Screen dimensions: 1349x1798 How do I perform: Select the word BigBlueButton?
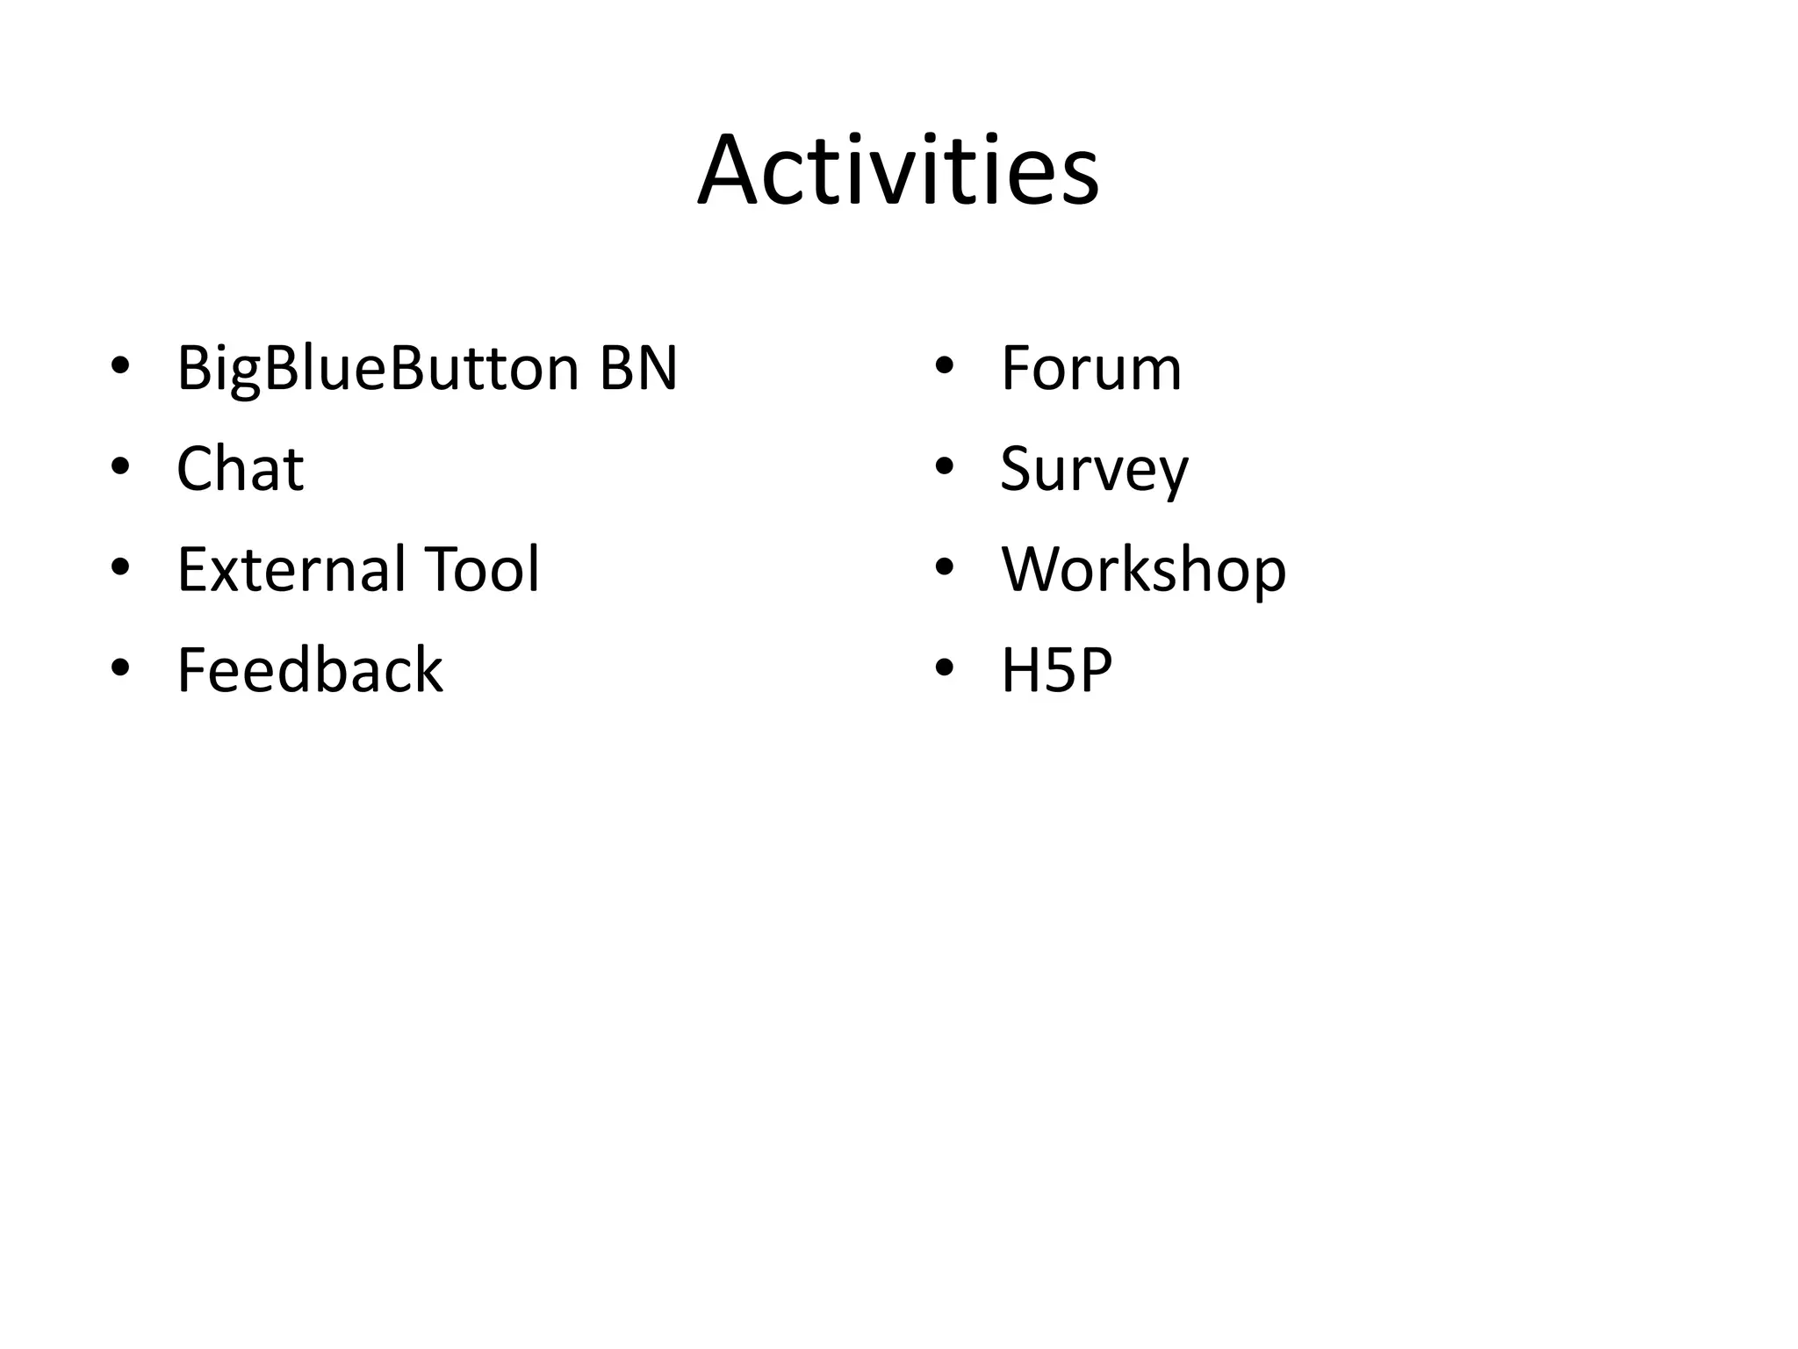point(378,369)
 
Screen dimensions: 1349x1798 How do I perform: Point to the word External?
point(291,569)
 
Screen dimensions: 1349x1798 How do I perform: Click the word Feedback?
point(309,670)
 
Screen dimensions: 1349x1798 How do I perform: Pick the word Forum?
point(1090,368)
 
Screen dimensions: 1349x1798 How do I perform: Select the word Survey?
point(1094,470)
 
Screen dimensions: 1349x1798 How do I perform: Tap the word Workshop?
point(1143,571)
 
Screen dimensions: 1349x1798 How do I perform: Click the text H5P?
point(1056,670)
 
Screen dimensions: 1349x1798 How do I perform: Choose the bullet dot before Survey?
point(944,466)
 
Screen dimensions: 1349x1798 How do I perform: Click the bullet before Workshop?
point(944,567)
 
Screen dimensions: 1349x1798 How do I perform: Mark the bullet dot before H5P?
point(944,668)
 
